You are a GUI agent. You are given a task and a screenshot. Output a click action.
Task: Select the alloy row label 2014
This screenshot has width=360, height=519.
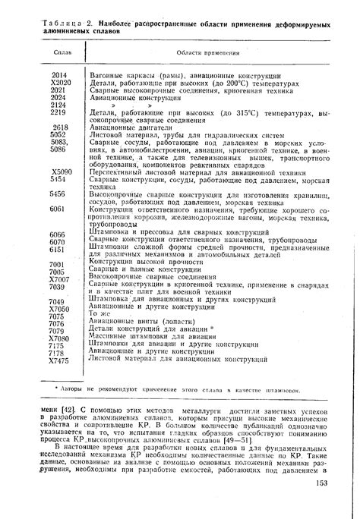point(60,77)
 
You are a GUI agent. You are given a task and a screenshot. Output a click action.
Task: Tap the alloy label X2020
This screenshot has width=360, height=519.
point(60,83)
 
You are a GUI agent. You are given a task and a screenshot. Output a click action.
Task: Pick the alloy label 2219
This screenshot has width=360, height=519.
point(60,112)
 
